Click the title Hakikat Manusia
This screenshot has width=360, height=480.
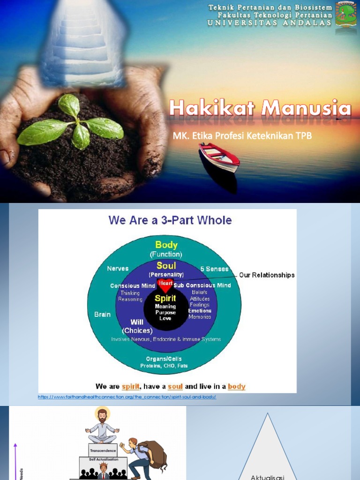pyautogui.click(x=260, y=109)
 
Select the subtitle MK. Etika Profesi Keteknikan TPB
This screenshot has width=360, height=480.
pyautogui.click(x=242, y=135)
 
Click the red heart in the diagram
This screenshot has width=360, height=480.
pyautogui.click(x=165, y=284)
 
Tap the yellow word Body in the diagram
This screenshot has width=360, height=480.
pyautogui.click(x=166, y=245)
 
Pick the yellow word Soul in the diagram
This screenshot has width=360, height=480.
pyautogui.click(x=166, y=266)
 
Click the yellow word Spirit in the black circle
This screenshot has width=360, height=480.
pyautogui.click(x=165, y=298)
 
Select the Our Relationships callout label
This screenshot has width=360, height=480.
pyautogui.click(x=267, y=275)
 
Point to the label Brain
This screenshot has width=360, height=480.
pyautogui.click(x=102, y=315)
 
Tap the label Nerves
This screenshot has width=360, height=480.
pyautogui.click(x=118, y=269)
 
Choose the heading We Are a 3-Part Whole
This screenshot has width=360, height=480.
pyautogui.click(x=170, y=220)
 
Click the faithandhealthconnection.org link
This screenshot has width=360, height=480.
pyautogui.click(x=127, y=397)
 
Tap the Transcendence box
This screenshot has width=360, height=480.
pyautogui.click(x=102, y=450)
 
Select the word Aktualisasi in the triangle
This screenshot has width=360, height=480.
pyautogui.click(x=267, y=477)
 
